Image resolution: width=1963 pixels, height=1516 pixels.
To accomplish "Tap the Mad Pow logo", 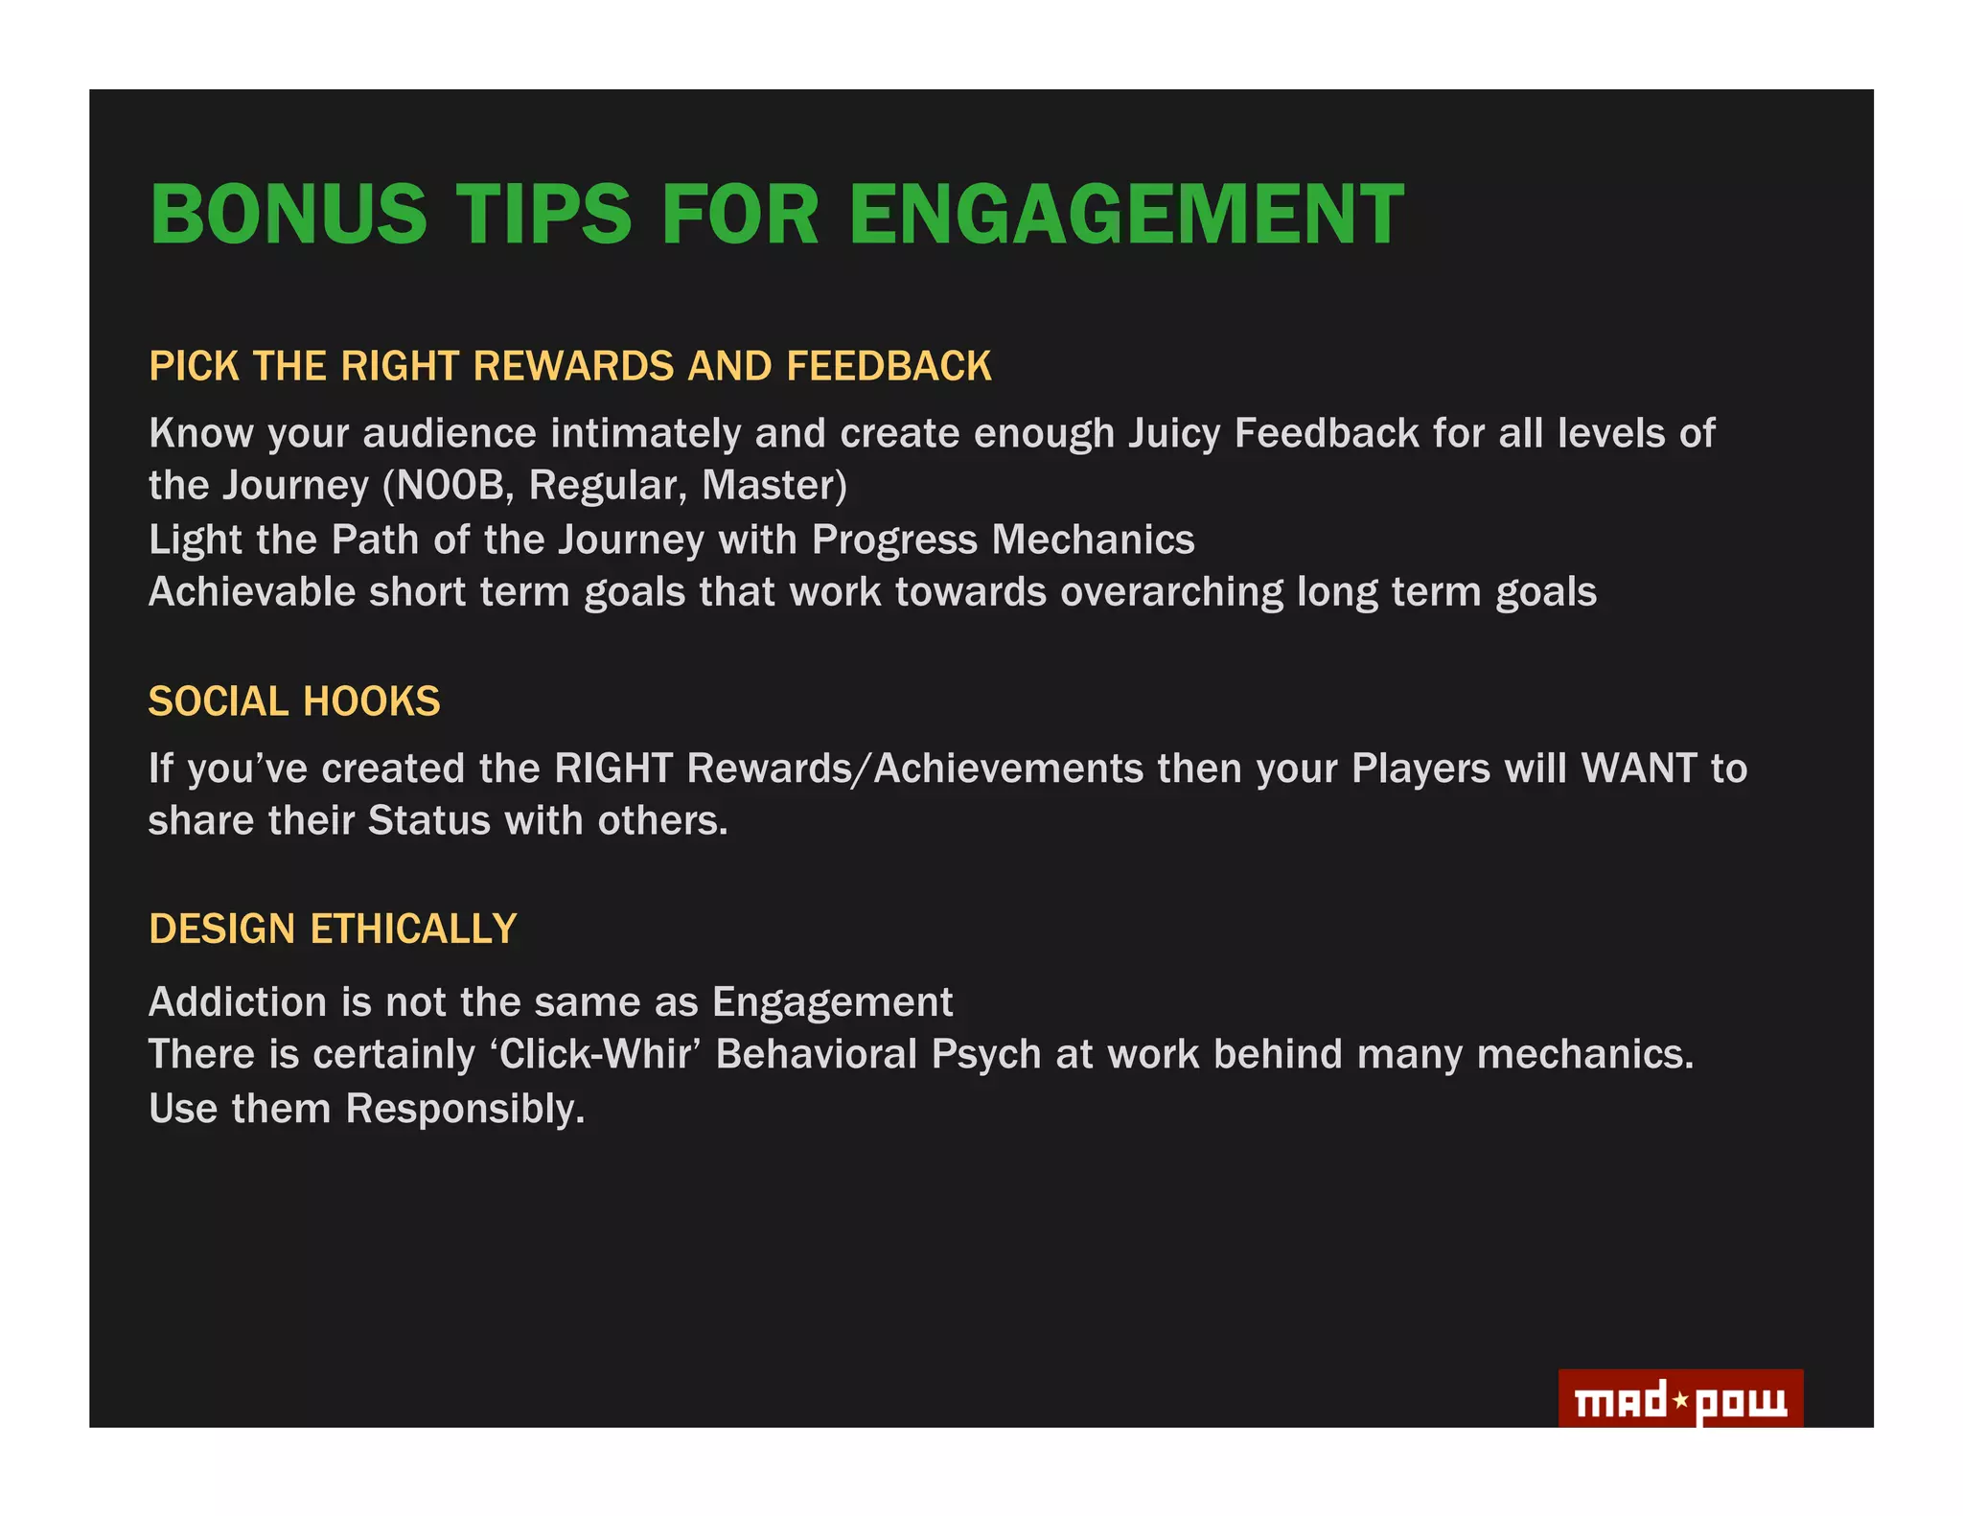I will coord(1679,1400).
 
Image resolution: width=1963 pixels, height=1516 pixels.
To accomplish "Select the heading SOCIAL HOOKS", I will coord(294,701).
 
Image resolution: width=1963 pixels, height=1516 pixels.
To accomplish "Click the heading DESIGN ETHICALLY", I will coord(333,929).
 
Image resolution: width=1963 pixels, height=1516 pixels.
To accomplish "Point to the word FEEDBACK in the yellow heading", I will coord(889,367).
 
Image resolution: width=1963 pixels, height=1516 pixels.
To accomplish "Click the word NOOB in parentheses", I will coord(450,486).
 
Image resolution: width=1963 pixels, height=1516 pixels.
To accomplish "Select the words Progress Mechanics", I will coord(1003,540).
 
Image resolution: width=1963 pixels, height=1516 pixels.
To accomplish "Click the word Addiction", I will coord(238,1002).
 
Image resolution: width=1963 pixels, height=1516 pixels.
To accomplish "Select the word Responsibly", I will coord(465,1109).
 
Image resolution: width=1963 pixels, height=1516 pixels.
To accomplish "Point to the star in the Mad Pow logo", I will coord(1680,1401).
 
